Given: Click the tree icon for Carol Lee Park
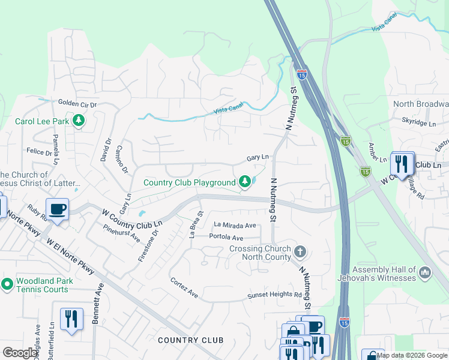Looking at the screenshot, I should [x=78, y=121].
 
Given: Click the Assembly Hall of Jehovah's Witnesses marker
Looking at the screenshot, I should [x=426, y=272].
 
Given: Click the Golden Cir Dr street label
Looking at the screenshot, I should [x=77, y=104].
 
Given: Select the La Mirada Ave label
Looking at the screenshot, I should [x=235, y=225].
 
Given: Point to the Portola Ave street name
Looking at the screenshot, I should [x=226, y=238].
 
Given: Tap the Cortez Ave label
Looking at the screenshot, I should [x=184, y=288].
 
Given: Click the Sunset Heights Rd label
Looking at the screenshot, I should [x=275, y=295].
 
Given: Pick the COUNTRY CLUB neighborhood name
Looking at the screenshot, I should [x=190, y=340].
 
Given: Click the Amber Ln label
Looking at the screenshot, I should [x=377, y=155].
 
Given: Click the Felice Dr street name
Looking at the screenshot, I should [x=39, y=152].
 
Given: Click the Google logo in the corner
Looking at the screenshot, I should [x=20, y=352].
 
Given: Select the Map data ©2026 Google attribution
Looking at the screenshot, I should [x=412, y=355].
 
